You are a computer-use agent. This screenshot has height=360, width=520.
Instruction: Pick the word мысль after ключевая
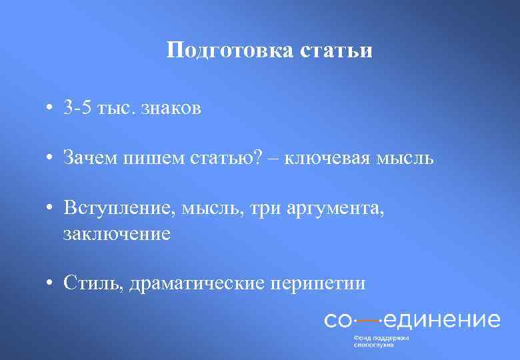click(408, 158)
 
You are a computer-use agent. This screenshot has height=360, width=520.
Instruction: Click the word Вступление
click(117, 208)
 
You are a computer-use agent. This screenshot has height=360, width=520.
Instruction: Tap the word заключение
click(117, 233)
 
